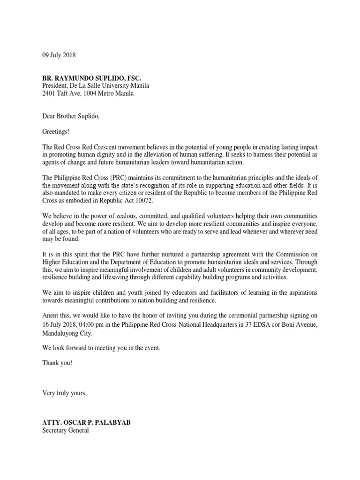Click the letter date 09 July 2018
click(59, 55)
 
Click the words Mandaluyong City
click(67, 334)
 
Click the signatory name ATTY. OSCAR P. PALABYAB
click(87, 422)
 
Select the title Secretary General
click(65, 430)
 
